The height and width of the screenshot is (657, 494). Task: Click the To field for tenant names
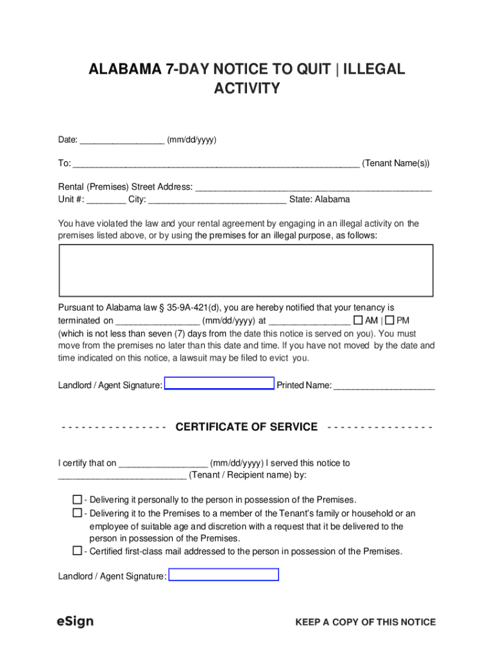point(216,164)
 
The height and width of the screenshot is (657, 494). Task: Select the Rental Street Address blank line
point(313,187)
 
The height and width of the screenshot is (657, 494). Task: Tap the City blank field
point(217,200)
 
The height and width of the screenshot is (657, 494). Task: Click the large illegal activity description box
point(246,269)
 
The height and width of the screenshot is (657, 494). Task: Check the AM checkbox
point(358,320)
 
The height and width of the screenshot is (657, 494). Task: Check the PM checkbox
point(389,320)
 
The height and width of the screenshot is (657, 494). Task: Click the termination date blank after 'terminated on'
point(158,321)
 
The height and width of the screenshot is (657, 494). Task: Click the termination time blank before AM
point(309,321)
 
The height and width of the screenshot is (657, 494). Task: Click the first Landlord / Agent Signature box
point(219,384)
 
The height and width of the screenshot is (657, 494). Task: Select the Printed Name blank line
point(384,386)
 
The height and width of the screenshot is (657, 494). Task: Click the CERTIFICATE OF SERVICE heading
point(246,427)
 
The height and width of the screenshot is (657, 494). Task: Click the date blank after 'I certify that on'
point(163,463)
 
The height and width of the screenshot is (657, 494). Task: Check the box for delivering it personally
point(77,499)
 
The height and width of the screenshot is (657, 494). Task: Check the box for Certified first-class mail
point(77,550)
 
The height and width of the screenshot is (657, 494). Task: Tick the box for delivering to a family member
point(77,513)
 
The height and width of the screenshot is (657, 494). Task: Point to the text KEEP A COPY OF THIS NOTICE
point(365,622)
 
